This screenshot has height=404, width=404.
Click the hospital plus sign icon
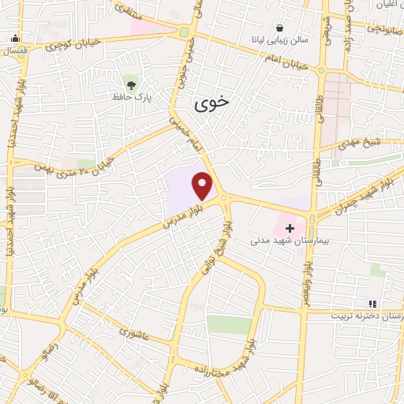[290, 228]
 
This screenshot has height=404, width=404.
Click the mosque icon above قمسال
[15, 37]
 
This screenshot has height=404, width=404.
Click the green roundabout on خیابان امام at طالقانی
[322, 69]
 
